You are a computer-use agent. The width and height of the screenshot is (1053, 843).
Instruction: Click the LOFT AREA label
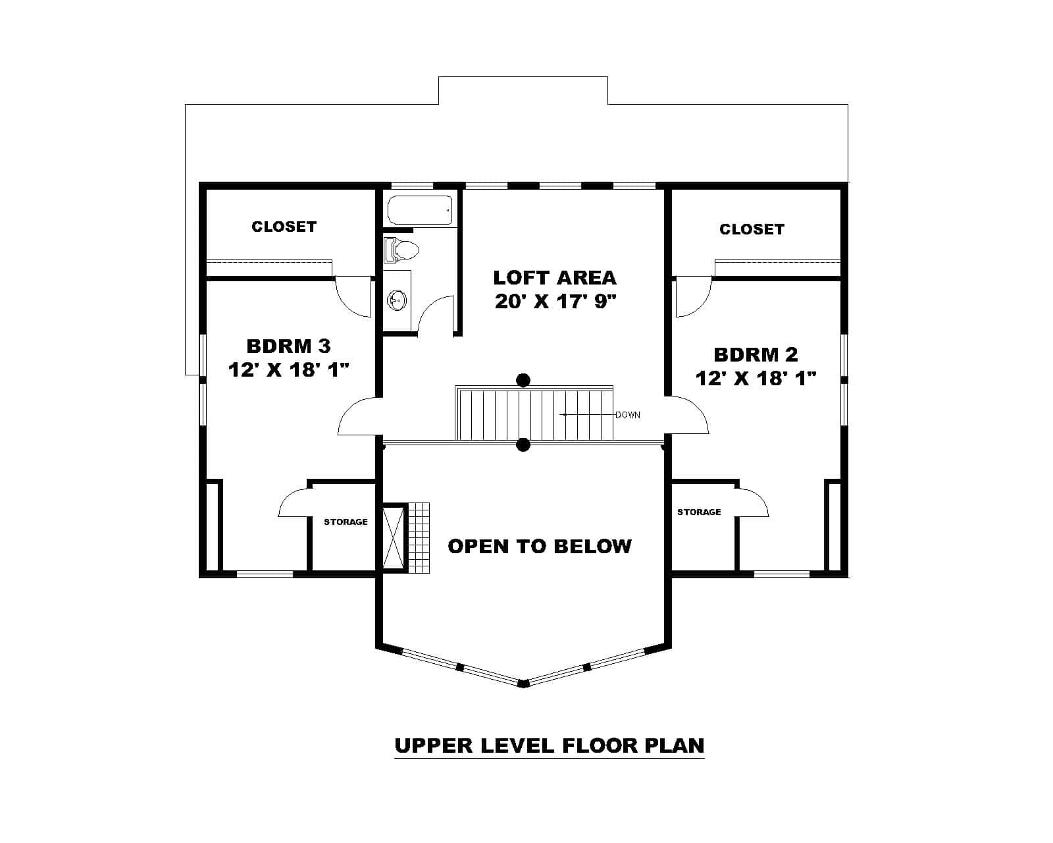point(554,277)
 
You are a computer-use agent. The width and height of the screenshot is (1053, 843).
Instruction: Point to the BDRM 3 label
point(288,346)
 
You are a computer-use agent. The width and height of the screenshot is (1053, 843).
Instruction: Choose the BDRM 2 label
point(756,355)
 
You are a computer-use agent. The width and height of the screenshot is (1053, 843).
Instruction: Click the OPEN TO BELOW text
point(539,546)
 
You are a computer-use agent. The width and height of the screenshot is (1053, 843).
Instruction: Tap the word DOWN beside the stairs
point(627,415)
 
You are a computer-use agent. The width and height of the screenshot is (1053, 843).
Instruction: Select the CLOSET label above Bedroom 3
point(284,227)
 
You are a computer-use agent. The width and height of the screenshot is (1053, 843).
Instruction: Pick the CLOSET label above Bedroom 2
point(752,229)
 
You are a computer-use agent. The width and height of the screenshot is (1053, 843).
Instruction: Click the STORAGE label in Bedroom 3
point(346,522)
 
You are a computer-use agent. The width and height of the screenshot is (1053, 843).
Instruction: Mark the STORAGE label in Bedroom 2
point(699,512)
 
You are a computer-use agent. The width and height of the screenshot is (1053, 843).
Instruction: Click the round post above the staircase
point(523,380)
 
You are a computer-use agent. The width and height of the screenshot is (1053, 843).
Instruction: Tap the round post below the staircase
point(523,445)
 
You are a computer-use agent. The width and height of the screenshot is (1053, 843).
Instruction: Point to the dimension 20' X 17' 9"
point(554,302)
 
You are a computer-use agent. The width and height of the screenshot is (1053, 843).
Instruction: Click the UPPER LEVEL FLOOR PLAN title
point(549,746)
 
